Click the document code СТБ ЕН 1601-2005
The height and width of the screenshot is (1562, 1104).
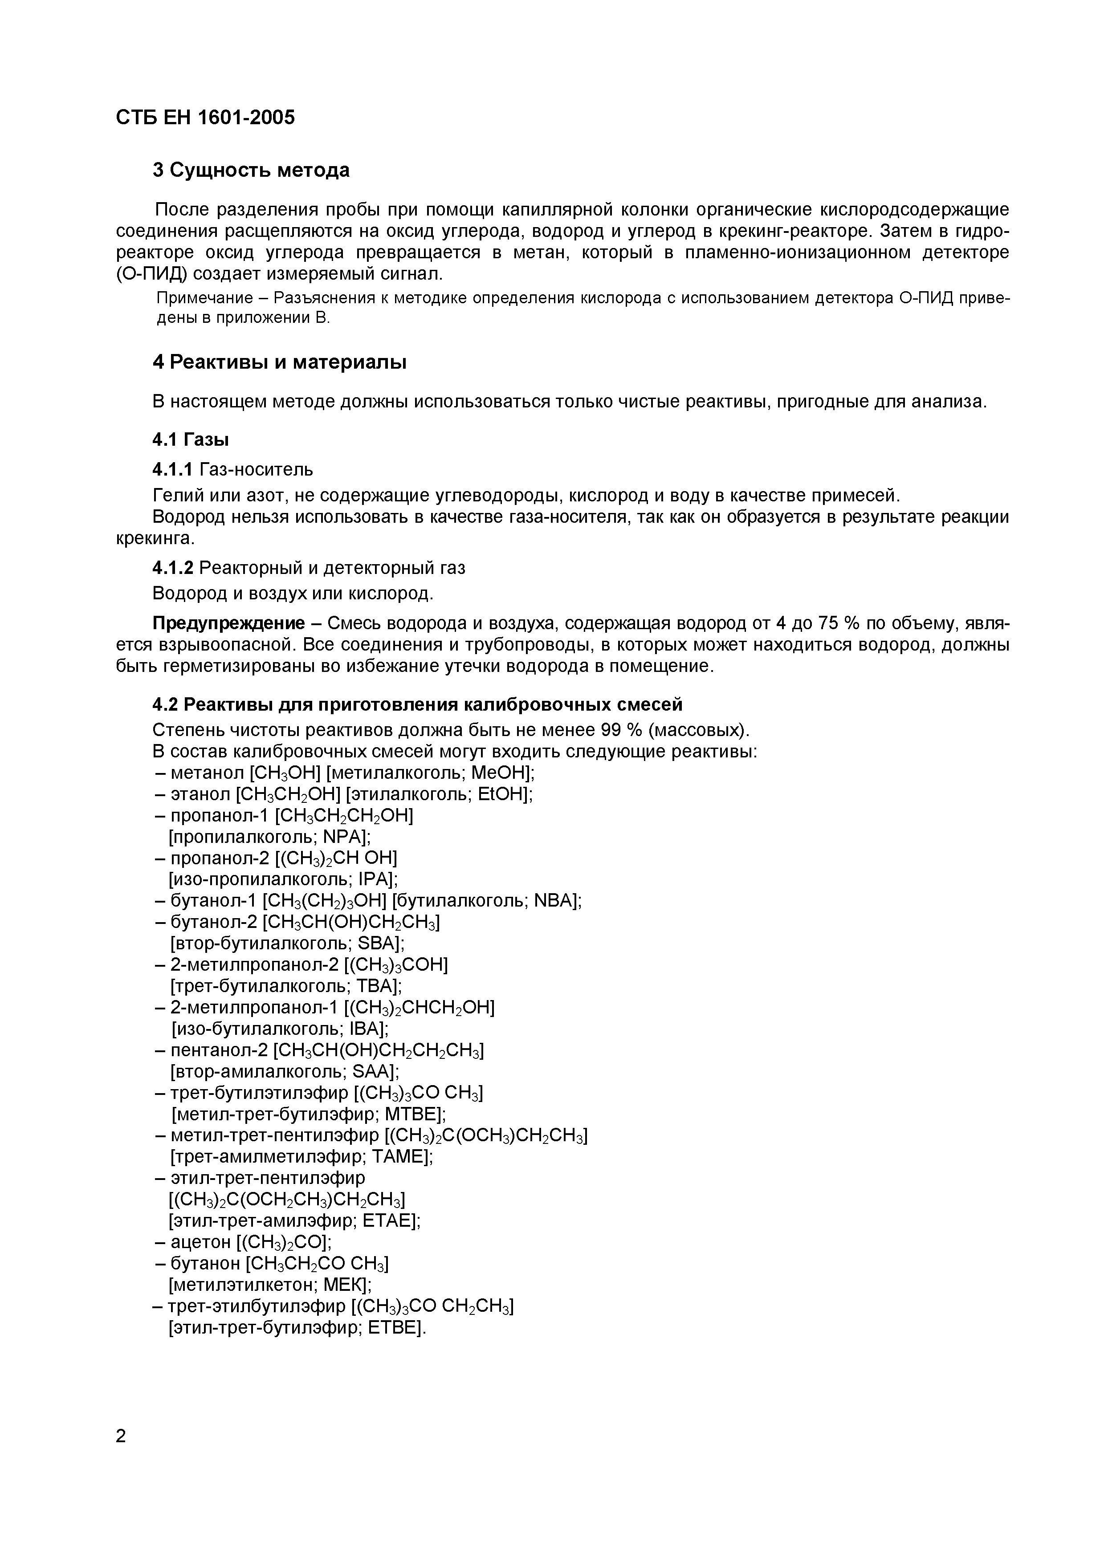[x=205, y=118]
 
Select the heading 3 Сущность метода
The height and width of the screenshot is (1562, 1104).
[x=251, y=170]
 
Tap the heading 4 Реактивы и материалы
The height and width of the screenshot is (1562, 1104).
[x=279, y=362]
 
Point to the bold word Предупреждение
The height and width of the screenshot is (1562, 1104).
[x=228, y=623]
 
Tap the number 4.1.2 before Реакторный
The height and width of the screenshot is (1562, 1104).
[x=173, y=567]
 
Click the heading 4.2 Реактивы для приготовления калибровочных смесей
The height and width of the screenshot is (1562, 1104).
[x=417, y=704]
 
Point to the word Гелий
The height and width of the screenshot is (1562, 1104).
[x=174, y=495]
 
